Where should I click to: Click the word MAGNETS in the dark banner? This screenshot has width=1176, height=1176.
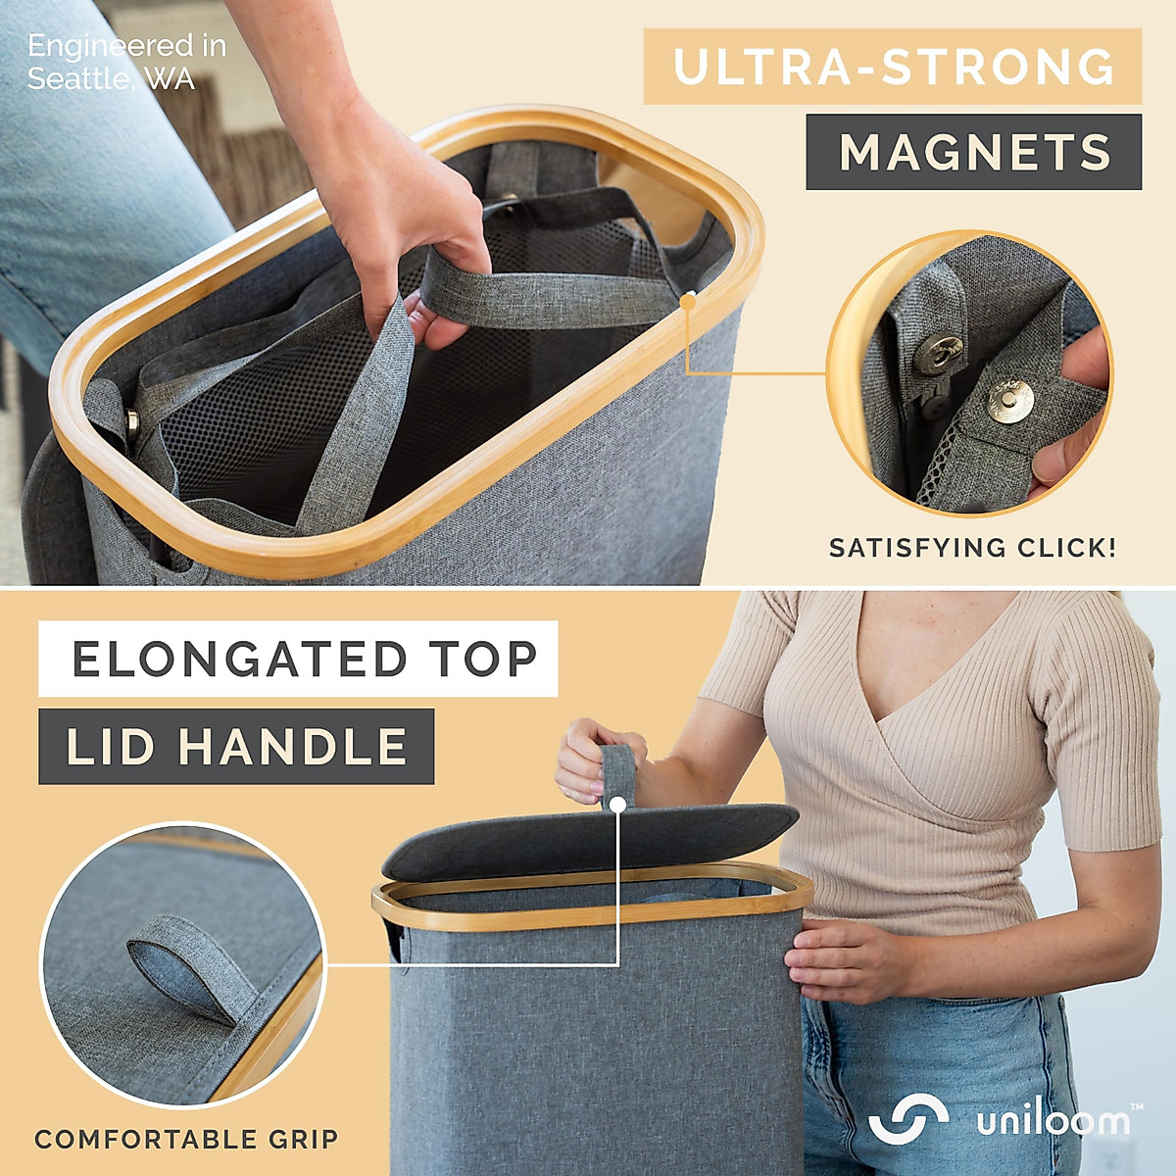tap(974, 152)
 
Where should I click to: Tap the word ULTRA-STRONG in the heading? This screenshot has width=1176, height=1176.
tap(893, 67)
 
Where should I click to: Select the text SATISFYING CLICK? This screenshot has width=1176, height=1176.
tap(972, 548)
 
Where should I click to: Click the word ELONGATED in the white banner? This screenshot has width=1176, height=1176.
tap(239, 659)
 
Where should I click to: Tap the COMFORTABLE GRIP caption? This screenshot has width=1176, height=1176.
tap(186, 1139)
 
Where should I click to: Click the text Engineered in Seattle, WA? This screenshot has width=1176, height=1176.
tap(125, 62)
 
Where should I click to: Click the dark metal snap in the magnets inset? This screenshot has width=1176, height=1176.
tap(945, 353)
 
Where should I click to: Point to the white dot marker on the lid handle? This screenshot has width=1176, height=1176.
tap(617, 805)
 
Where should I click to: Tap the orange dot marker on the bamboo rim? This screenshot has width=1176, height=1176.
tap(688, 300)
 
